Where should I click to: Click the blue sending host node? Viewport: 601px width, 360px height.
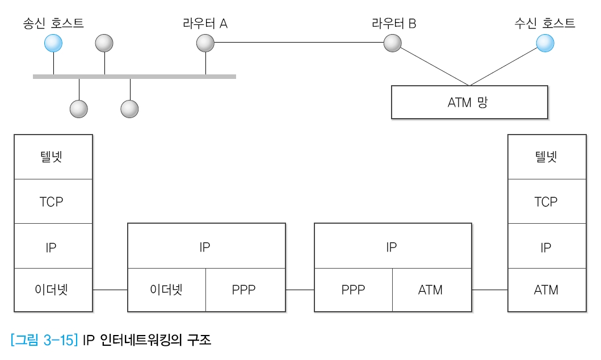tap(53, 43)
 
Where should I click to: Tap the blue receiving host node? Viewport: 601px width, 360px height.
tap(545, 43)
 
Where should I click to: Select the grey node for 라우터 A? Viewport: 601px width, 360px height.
tap(205, 43)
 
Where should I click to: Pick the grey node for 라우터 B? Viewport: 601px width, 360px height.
tap(392, 43)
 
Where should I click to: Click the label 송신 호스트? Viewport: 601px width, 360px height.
tap(53, 23)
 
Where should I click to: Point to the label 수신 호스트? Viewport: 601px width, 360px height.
tap(544, 23)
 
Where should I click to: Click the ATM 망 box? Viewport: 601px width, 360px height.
tap(469, 102)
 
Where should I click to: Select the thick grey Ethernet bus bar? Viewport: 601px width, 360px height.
tap(135, 76)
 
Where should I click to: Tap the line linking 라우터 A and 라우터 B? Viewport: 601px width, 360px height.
tap(299, 43)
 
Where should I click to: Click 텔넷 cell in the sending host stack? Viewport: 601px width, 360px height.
tap(53, 157)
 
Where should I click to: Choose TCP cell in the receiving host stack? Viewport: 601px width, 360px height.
tap(545, 202)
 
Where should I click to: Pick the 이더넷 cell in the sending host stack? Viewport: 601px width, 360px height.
tap(53, 290)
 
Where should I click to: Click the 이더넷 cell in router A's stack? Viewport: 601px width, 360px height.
tap(167, 290)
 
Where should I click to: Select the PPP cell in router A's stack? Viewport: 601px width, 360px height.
tap(244, 290)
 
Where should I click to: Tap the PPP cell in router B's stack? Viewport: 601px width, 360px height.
tap(353, 290)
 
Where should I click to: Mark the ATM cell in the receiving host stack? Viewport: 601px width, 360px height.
tap(545, 290)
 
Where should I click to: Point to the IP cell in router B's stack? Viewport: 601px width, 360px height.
tap(392, 246)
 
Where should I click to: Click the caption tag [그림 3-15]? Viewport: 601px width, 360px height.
tap(44, 341)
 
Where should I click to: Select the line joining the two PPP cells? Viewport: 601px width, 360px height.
tap(300, 290)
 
